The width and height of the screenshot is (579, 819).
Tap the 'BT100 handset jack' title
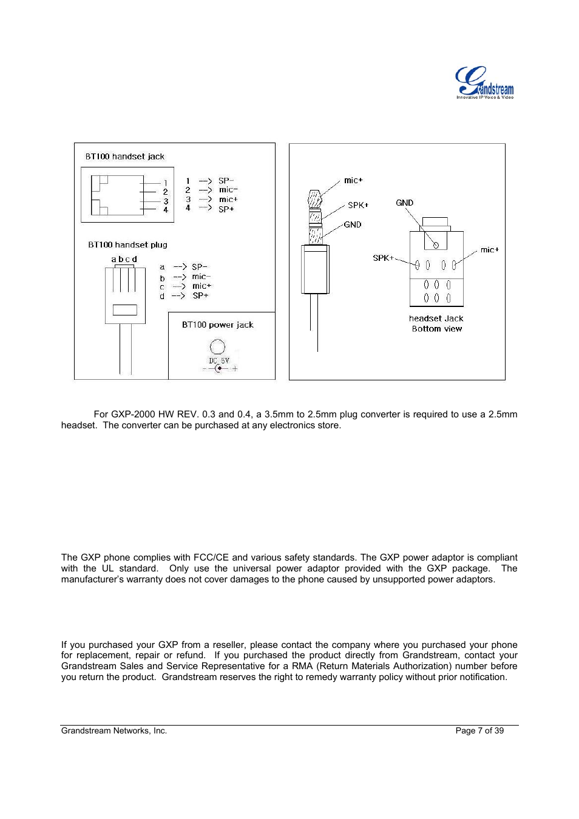(124, 157)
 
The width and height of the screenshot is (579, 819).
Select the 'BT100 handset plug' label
(127, 245)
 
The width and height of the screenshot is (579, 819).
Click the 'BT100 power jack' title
(217, 325)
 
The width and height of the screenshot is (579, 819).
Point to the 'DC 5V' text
(218, 361)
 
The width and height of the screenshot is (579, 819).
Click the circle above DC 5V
(217, 347)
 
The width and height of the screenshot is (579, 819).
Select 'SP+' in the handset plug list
(200, 296)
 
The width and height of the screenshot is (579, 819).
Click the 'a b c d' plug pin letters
(124, 259)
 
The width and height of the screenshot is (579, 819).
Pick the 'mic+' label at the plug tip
(353, 180)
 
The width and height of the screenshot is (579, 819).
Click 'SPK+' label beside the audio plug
(357, 205)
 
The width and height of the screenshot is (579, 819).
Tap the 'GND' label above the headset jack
(404, 203)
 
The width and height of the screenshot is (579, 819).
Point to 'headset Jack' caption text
(436, 318)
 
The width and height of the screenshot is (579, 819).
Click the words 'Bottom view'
(437, 329)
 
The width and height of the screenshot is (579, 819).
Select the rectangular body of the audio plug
(315, 269)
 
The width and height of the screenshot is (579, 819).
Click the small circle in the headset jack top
(436, 245)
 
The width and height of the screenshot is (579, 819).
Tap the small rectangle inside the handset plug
(124, 310)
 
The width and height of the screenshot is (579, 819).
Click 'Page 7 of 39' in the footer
(479, 731)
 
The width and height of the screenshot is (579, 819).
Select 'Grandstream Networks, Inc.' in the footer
(114, 731)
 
